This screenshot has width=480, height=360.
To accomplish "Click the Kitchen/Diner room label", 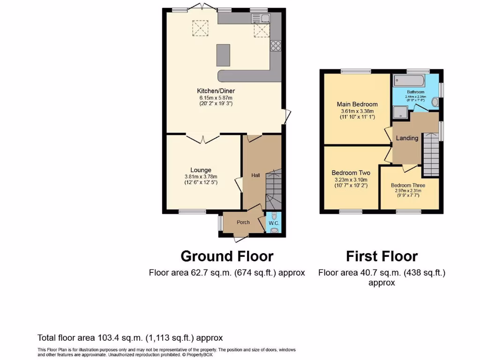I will (216, 90).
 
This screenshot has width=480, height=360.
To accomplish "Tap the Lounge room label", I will (201, 170).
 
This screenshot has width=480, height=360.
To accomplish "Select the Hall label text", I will (255, 175).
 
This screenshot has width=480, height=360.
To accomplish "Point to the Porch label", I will (243, 222).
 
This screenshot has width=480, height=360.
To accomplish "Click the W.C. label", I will (274, 224).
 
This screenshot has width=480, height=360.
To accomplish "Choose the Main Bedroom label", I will (357, 104).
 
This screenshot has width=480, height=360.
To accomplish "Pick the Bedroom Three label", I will (408, 186).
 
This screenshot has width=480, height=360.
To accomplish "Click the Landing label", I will (407, 138).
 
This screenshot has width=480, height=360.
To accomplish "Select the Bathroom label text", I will (415, 92).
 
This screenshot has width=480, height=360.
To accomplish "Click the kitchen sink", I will (261, 18).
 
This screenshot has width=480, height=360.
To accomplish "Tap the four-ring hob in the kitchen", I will (275, 45).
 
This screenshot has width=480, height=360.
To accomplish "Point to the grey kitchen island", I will (224, 55).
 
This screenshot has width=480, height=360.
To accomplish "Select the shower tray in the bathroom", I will (399, 111).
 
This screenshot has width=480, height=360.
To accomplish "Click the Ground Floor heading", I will (227, 256).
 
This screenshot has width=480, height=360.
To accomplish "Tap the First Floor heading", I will (382, 256).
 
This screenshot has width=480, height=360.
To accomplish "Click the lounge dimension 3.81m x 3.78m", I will (201, 177).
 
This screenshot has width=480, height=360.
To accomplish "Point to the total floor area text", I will (130, 337).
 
